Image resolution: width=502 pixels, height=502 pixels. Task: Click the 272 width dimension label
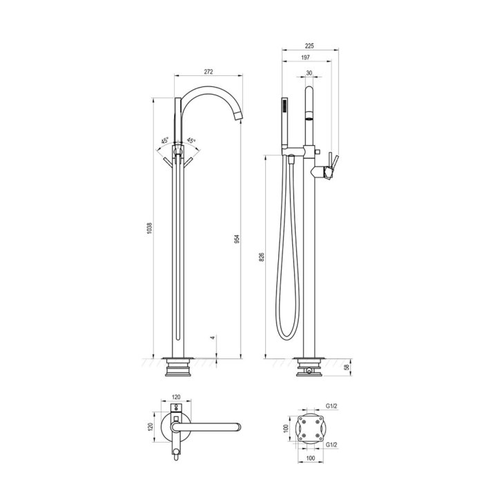(208, 72)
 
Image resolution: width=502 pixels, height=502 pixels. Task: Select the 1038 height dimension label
(150, 228)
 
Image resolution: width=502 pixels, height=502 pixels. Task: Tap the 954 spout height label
(237, 239)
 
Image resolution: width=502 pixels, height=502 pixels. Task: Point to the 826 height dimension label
(261, 257)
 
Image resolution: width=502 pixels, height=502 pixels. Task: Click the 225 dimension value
(309, 46)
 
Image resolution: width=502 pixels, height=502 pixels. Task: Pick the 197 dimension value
(305, 57)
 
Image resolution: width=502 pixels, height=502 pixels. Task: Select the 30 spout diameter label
(309, 73)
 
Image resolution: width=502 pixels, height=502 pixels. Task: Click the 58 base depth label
(347, 367)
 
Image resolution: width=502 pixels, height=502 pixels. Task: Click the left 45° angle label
(164, 141)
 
